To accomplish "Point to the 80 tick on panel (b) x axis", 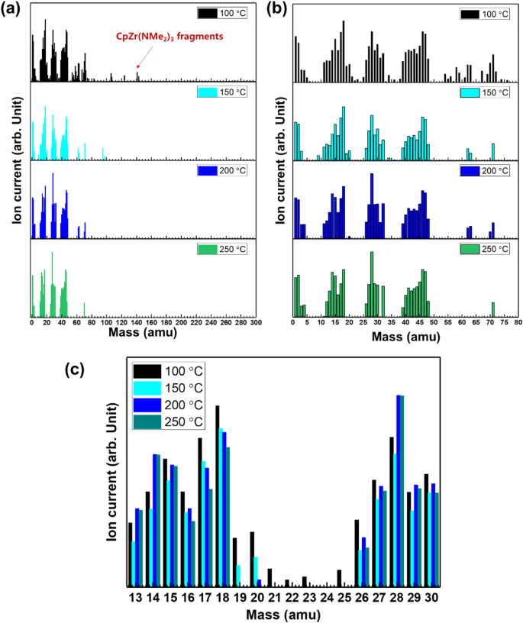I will (x=516, y=322).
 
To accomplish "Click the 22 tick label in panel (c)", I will (x=287, y=596).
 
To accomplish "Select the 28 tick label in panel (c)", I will (x=395, y=596).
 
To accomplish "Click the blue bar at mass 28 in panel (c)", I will (x=397, y=489).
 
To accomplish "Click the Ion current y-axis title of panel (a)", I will (x=15, y=163).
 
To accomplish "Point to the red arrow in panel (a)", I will (x=144, y=56).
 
